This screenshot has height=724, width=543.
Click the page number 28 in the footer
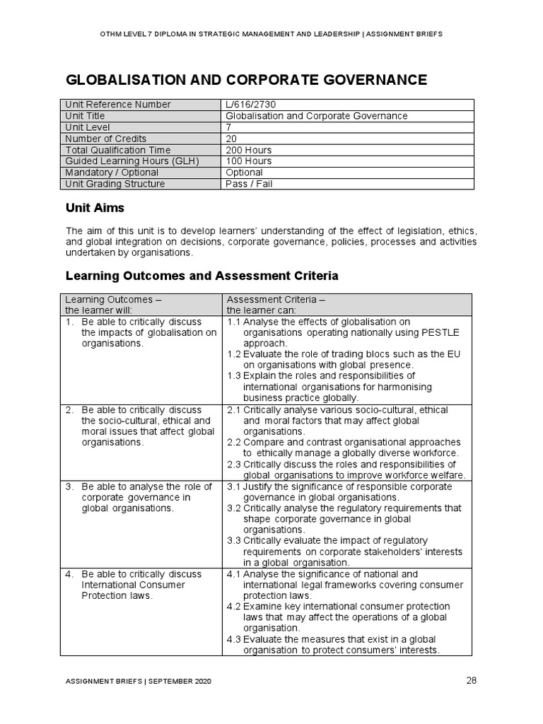click(472, 681)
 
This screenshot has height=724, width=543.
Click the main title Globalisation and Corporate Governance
click(246, 79)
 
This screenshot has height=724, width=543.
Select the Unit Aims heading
click(95, 209)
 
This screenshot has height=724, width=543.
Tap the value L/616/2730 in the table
click(250, 105)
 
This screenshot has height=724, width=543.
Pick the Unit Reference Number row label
click(118, 105)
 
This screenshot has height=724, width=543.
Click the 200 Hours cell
click(248, 150)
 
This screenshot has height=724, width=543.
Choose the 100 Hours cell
click(248, 161)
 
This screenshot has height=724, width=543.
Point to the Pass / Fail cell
click(249, 184)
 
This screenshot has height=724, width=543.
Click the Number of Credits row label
click(105, 139)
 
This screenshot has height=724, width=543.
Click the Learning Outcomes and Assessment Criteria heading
click(202, 274)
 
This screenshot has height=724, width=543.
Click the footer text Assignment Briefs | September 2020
click(138, 682)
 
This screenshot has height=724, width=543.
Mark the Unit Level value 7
click(228, 127)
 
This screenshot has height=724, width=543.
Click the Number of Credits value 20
click(231, 139)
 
